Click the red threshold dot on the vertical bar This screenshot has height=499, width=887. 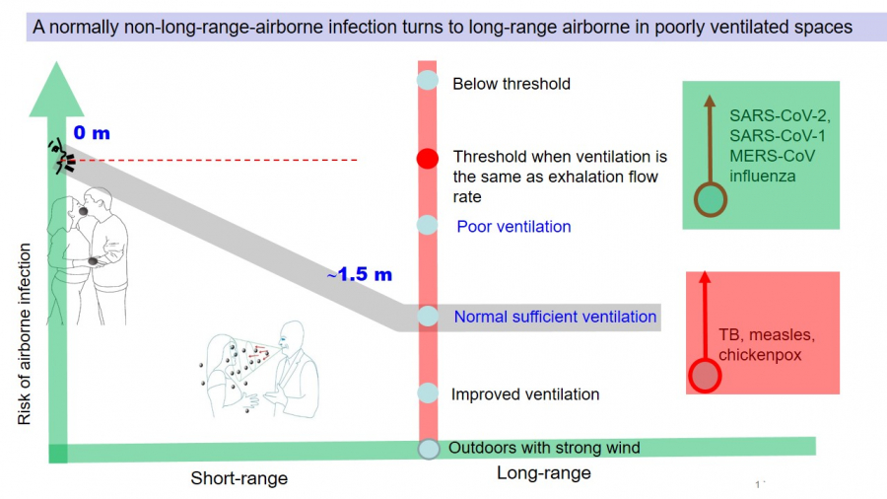point(427,159)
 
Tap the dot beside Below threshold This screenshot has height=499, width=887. point(427,81)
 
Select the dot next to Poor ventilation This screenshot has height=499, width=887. point(427,225)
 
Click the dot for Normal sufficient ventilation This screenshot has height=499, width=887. point(427,316)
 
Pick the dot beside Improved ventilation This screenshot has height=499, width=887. point(427,392)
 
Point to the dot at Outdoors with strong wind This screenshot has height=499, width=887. point(428,449)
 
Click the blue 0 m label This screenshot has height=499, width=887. point(93,132)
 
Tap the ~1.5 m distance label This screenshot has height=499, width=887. point(359,275)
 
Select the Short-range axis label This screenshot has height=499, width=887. point(239,478)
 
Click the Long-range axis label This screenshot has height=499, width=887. point(544,473)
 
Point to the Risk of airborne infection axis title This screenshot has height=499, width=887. point(24,335)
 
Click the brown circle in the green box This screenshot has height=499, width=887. point(711,199)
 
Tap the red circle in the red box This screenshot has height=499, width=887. point(704,376)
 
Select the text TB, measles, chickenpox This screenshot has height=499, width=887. point(766,344)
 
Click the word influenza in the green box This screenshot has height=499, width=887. point(763,176)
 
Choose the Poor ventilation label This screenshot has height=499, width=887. point(513,227)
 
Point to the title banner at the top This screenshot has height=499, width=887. point(443,27)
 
